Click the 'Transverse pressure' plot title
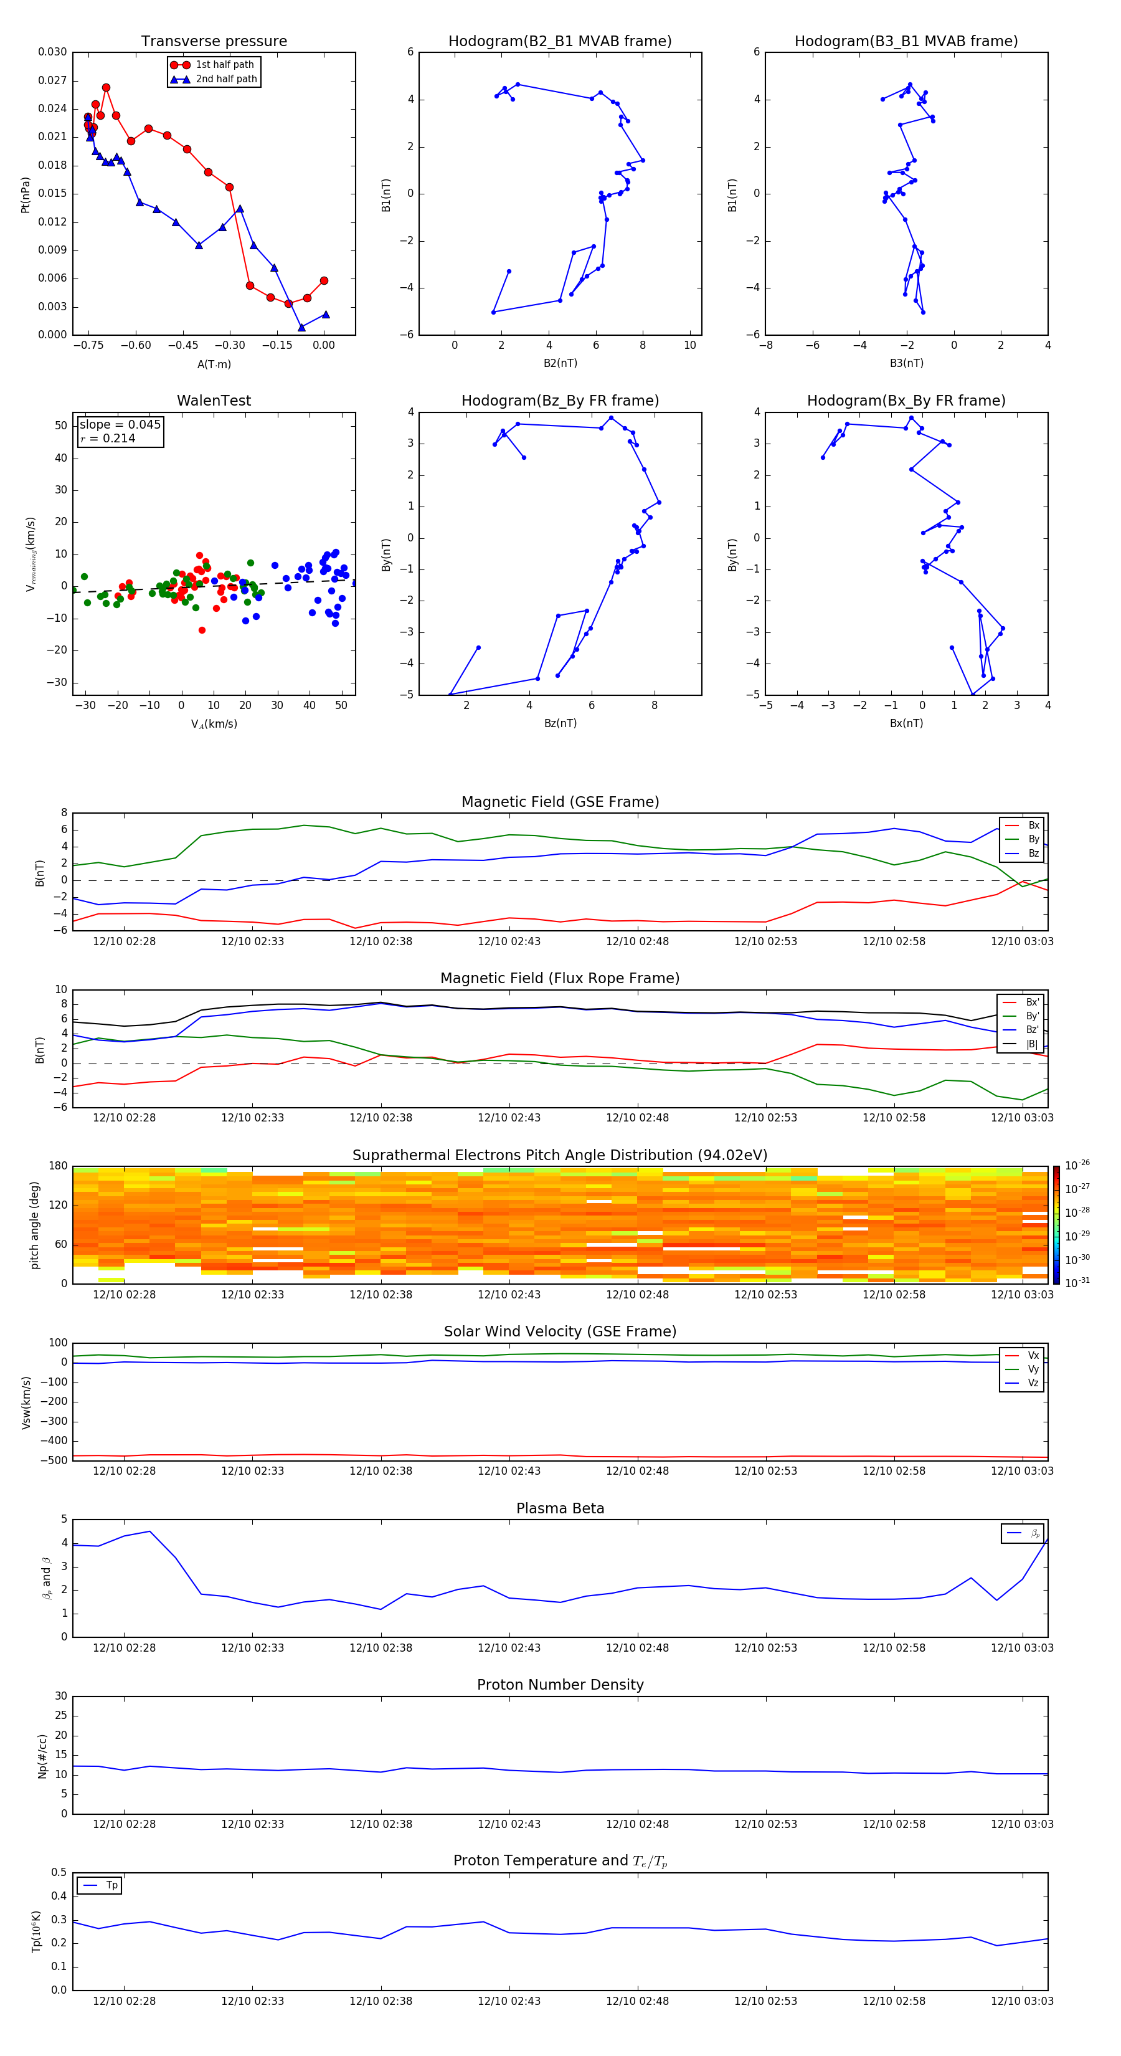214,42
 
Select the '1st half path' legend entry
224,65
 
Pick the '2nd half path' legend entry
226,79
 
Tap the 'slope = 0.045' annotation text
120,425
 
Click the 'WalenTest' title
214,401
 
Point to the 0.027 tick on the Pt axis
53,80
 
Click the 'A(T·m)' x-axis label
214,364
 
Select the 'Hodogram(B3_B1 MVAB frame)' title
906,42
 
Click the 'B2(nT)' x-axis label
560,363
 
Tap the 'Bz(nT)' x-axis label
560,723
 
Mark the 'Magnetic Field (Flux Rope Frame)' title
560,979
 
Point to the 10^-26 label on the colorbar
1077,1165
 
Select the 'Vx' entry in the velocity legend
1033,1355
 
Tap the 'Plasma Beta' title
560,1508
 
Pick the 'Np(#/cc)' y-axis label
43,1756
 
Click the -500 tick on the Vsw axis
54,1460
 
